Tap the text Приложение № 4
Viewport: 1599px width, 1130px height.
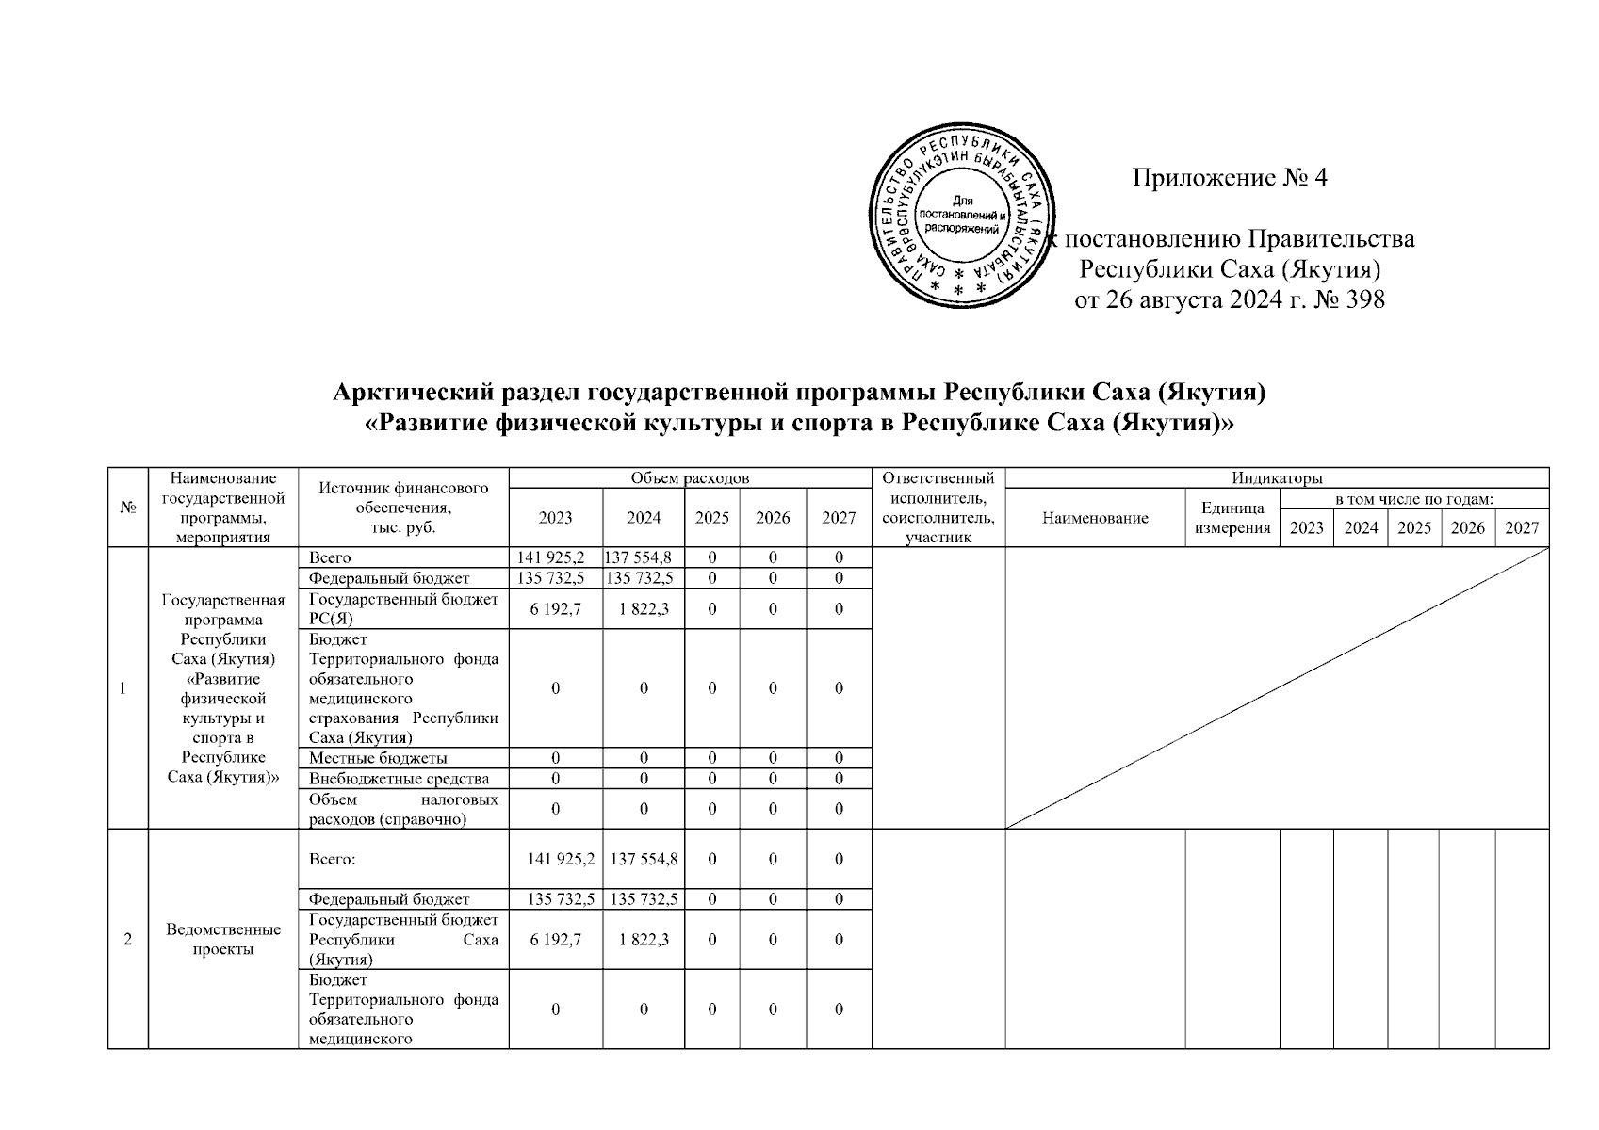pos(1230,177)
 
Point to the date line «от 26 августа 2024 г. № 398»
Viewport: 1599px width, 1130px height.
pos(1230,300)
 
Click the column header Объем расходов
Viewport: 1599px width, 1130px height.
pos(690,478)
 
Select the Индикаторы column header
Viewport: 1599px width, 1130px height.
pos(1277,478)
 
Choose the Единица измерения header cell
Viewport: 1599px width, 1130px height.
pos(1232,518)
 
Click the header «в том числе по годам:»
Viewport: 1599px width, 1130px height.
pos(1413,498)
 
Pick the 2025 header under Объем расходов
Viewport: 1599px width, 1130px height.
pos(711,518)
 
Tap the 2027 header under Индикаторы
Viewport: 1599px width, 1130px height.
pos(1522,527)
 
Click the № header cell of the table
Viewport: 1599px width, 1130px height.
pos(128,508)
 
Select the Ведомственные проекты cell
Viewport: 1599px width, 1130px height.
pos(223,939)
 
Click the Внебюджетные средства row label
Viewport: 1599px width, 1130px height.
pos(399,779)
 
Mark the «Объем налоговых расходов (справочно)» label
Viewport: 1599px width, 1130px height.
pos(403,809)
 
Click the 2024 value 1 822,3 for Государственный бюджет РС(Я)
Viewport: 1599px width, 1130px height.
pos(644,609)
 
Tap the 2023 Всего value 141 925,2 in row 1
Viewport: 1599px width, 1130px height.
pos(555,557)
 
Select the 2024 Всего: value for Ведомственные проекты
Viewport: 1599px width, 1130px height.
pos(644,859)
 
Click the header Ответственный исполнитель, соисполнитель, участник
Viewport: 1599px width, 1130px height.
pos(938,508)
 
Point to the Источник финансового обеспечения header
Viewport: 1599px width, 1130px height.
pos(403,508)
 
